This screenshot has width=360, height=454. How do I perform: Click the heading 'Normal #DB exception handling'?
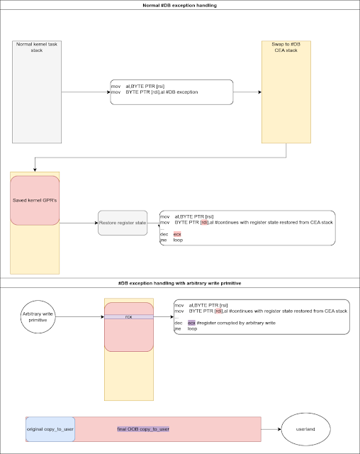(x=180, y=6)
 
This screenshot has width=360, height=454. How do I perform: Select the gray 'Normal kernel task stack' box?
(x=38, y=92)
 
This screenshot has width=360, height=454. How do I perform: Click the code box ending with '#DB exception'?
(x=172, y=92)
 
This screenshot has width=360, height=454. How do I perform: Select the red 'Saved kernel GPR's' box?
(x=35, y=201)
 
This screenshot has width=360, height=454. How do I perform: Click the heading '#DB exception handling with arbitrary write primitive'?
(x=180, y=283)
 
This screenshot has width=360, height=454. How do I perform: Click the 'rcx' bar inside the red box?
(x=129, y=316)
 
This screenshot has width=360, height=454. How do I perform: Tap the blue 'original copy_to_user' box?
(x=50, y=429)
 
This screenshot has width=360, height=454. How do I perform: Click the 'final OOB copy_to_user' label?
(x=144, y=429)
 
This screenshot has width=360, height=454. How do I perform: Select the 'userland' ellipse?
(x=306, y=428)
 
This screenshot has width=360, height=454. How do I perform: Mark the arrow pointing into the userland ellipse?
(x=271, y=428)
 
